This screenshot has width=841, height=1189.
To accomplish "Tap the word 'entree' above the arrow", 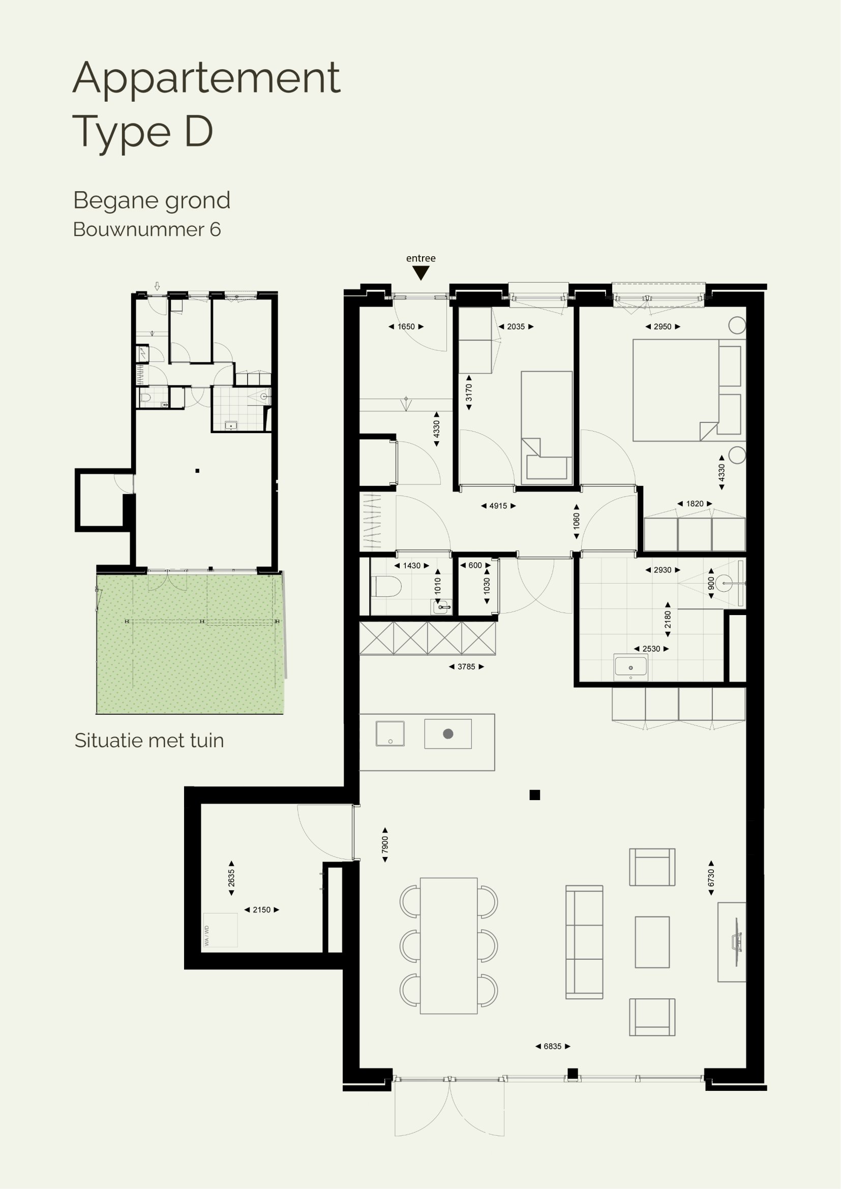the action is [x=420, y=258].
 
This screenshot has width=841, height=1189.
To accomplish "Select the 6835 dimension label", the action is [x=553, y=1046].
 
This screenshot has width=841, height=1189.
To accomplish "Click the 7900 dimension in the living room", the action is [x=385, y=845].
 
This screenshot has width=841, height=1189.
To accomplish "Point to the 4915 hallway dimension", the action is [x=498, y=506].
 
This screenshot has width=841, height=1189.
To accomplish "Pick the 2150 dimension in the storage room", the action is [x=261, y=909].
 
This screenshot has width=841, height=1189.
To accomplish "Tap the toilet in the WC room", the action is [x=386, y=587].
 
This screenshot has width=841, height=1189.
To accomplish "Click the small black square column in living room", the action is [x=535, y=795].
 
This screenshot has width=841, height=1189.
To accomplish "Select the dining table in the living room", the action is [x=448, y=946].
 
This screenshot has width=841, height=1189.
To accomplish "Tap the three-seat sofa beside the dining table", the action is [x=584, y=942].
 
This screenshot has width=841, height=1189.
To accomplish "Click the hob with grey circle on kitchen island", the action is [x=448, y=734].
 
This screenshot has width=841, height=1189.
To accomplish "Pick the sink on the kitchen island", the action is [x=390, y=734].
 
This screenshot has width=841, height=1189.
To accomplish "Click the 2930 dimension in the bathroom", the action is [x=663, y=570].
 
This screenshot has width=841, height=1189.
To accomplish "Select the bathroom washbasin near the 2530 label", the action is [x=630, y=667].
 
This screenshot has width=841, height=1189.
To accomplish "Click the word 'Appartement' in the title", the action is [x=206, y=78].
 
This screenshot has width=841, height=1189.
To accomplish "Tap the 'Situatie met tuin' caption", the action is [x=149, y=741].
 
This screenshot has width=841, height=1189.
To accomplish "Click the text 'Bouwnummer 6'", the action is [x=147, y=229].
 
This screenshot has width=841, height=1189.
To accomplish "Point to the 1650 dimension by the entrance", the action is [x=406, y=327].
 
